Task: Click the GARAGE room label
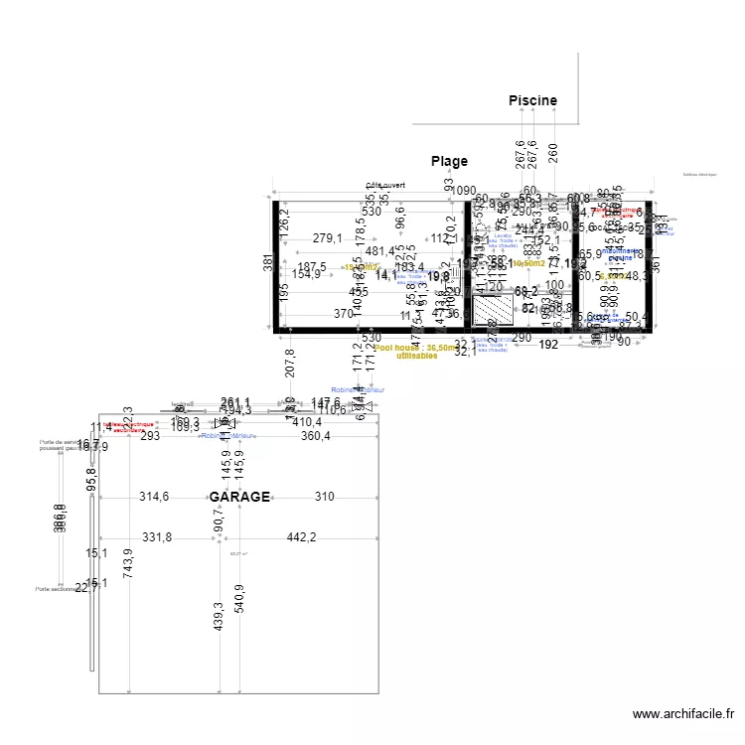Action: [x=239, y=497]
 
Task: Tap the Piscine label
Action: [x=532, y=100]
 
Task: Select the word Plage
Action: [x=449, y=161]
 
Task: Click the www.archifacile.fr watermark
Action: [x=684, y=713]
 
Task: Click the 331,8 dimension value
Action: [x=157, y=537]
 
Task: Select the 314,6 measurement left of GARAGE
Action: [x=154, y=497]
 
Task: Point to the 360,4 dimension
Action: [x=316, y=436]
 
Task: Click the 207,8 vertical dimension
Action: [x=289, y=364]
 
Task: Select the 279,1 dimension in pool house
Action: [x=327, y=238]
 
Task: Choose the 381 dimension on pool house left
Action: [x=266, y=263]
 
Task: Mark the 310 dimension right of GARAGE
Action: [x=325, y=497]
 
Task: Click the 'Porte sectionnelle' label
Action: [x=56, y=588]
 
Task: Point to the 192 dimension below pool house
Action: [x=548, y=345]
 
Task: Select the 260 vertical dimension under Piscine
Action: [x=553, y=152]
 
